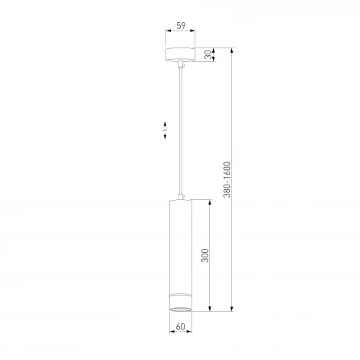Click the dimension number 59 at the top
pos(180,26)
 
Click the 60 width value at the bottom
pos(180,327)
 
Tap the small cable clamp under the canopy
pos(180,66)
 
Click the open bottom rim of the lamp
pos(180,309)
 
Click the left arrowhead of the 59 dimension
pos(168,33)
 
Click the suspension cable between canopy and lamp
pos(180,130)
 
